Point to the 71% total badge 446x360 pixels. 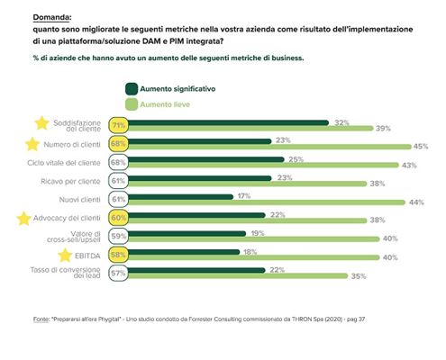point(117,125)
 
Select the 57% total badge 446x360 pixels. point(117,274)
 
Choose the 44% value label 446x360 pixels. point(416,202)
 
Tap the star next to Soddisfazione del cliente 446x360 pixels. point(40,123)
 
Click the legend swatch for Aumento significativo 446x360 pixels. point(132,88)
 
